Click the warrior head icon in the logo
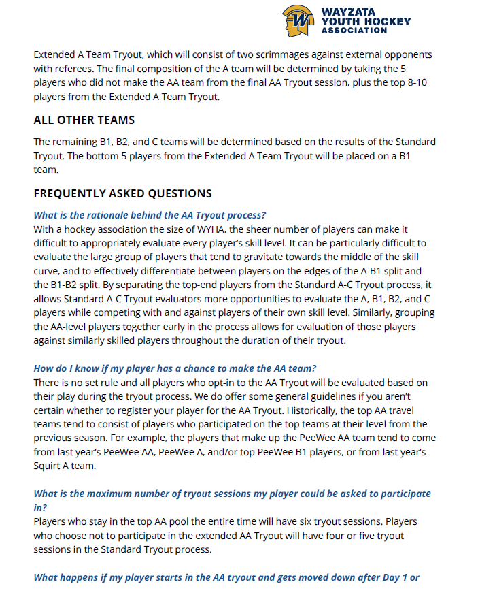point(298,20)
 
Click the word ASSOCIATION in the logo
point(364,31)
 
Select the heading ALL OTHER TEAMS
point(84,120)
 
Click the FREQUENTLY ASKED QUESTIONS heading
point(122,193)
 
